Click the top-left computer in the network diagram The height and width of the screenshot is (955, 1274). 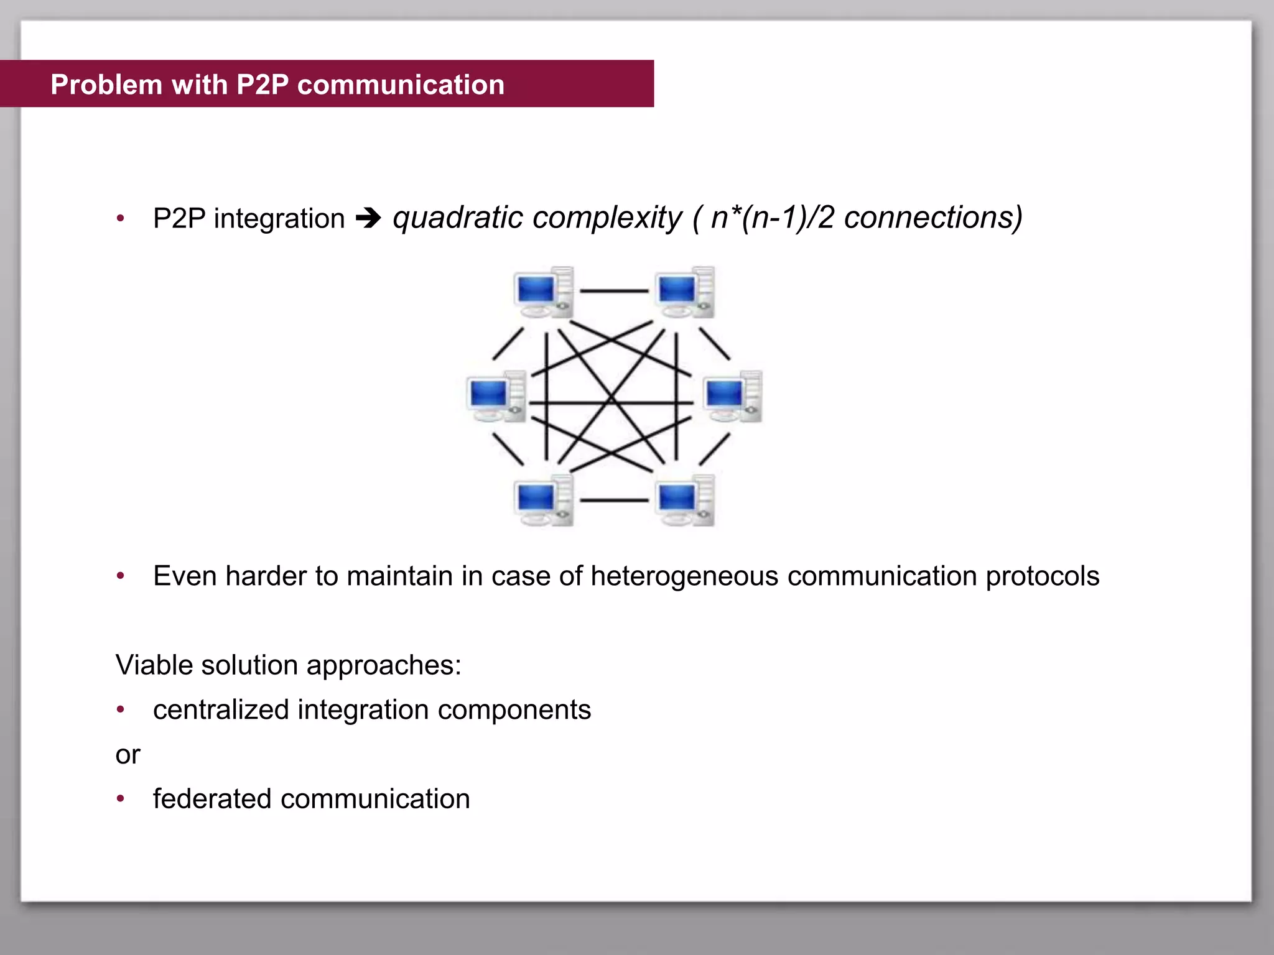pos(543,293)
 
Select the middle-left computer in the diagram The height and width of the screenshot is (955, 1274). pos(496,397)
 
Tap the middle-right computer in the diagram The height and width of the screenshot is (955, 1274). pos(733,397)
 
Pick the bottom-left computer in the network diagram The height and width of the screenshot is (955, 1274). pos(543,501)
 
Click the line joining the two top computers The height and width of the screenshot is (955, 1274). pos(615,291)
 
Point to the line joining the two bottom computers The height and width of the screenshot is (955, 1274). pos(615,500)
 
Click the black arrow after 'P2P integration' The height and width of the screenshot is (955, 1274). pos(368,219)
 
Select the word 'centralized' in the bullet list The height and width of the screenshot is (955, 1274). pos(220,710)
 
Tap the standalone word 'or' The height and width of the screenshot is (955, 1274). pos(128,755)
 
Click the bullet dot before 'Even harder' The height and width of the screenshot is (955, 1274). pos(121,576)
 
